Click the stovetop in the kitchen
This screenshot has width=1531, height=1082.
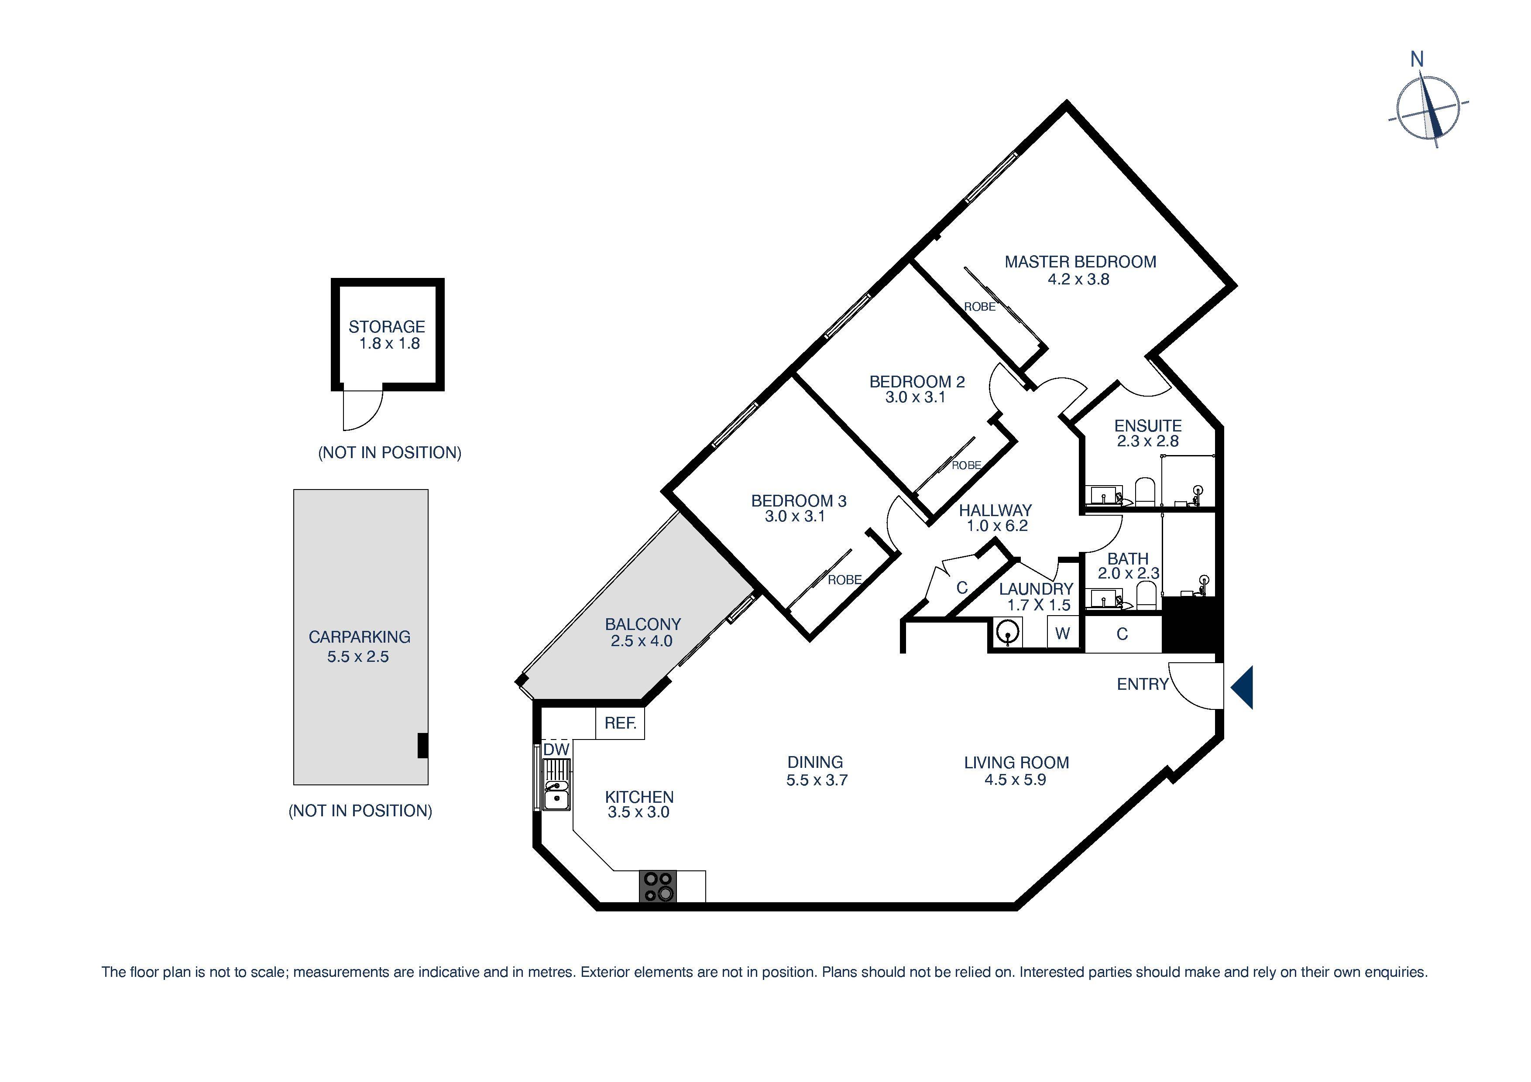click(657, 887)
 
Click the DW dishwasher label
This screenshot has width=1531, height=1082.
click(556, 750)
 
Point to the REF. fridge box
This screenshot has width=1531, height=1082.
click(620, 723)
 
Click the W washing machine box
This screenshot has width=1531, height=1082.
click(1062, 633)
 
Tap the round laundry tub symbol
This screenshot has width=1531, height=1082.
click(1008, 632)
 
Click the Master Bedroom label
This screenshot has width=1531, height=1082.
click(1080, 262)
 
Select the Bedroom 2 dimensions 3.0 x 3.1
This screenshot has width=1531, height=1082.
click(916, 398)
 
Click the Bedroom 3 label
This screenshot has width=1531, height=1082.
click(798, 501)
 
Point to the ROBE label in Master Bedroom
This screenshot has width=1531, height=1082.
click(979, 307)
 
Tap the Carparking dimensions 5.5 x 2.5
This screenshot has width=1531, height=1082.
click(357, 657)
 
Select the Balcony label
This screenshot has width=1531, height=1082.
click(643, 625)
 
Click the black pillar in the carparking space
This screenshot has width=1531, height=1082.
click(422, 745)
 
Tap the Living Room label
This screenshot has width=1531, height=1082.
click(1016, 763)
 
